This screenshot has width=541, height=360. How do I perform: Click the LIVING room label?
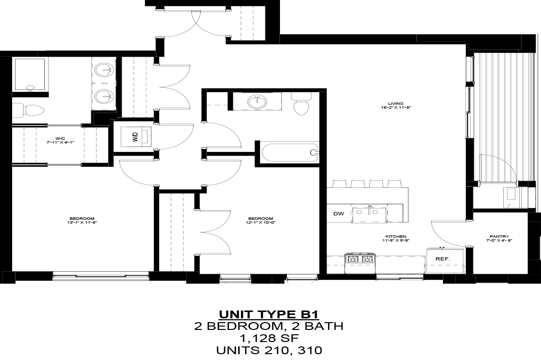click(x=396, y=105)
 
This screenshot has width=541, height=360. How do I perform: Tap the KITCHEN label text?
click(x=396, y=238)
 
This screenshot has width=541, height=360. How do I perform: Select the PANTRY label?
click(x=499, y=238)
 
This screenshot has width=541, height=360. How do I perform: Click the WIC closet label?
click(x=60, y=141)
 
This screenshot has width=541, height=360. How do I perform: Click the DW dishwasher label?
click(x=338, y=214)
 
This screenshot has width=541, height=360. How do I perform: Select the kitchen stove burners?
click(x=360, y=259)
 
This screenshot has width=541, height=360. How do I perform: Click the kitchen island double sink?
click(x=369, y=213)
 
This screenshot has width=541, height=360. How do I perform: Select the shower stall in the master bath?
click(x=30, y=74)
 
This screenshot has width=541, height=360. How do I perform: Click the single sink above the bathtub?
click(x=257, y=102)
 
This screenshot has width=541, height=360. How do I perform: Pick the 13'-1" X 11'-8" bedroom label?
click(x=82, y=220)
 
